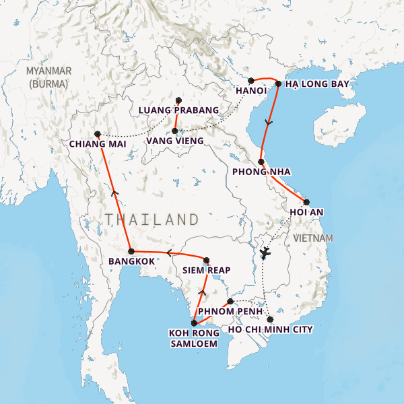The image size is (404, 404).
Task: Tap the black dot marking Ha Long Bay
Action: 278,84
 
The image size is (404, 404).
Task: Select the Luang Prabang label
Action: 178,110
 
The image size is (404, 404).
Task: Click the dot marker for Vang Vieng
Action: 175,131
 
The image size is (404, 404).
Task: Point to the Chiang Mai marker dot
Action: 98,134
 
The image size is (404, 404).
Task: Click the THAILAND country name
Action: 152,220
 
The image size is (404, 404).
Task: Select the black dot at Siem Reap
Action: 207,261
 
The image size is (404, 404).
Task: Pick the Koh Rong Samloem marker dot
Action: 195,323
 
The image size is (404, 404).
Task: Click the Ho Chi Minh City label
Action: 271,329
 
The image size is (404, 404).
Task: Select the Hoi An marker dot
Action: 306,202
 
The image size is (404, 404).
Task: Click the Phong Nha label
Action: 261,172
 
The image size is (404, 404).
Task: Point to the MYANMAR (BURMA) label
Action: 48,77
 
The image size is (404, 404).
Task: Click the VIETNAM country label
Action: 313,238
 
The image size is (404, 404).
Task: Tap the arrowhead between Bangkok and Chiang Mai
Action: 114,194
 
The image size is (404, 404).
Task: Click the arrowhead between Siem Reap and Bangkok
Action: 169,253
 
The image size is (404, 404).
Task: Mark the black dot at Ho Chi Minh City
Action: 270,319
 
